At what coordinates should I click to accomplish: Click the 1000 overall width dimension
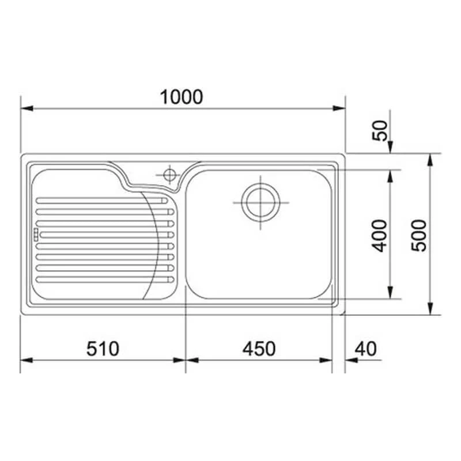click(182, 97)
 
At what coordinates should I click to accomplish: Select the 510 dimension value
click(103, 349)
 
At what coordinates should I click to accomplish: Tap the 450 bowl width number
click(259, 349)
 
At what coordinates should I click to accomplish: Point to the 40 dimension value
click(365, 349)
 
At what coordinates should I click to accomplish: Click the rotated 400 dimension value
click(380, 235)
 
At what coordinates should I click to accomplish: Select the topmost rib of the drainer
click(104, 201)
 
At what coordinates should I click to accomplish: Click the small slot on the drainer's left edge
click(35, 234)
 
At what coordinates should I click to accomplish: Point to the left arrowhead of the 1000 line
click(25, 108)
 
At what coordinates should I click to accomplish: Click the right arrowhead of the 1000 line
click(340, 108)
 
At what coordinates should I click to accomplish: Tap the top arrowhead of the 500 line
click(430, 158)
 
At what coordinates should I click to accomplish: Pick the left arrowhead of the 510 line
click(25, 361)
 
